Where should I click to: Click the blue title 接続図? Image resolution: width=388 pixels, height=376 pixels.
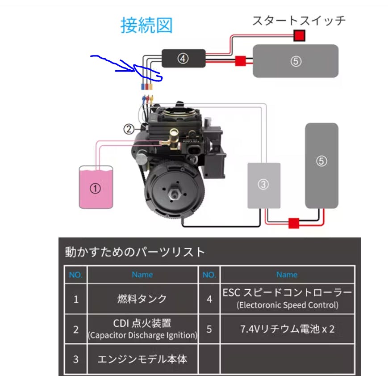(146, 25)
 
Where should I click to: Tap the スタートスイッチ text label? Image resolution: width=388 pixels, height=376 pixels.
(299, 20)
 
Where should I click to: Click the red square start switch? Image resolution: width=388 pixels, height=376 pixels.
(299, 35)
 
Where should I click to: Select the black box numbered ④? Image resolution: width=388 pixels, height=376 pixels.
(183, 58)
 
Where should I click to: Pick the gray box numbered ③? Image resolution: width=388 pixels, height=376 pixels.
(264, 185)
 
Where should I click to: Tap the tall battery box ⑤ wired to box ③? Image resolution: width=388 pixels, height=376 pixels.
(321, 165)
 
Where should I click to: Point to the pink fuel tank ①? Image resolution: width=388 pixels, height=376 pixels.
(95, 188)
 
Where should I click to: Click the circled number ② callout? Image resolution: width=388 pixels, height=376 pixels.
(129, 129)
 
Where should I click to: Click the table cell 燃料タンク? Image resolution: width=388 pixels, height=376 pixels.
(142, 299)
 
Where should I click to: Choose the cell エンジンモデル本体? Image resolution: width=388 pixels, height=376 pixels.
(142, 359)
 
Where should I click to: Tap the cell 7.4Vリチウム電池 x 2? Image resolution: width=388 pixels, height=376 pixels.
(287, 329)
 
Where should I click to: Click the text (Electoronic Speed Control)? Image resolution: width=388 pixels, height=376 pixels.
(287, 306)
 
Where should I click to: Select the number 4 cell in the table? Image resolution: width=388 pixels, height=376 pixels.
(209, 299)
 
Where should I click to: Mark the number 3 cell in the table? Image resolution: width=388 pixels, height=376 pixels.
(75, 359)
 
